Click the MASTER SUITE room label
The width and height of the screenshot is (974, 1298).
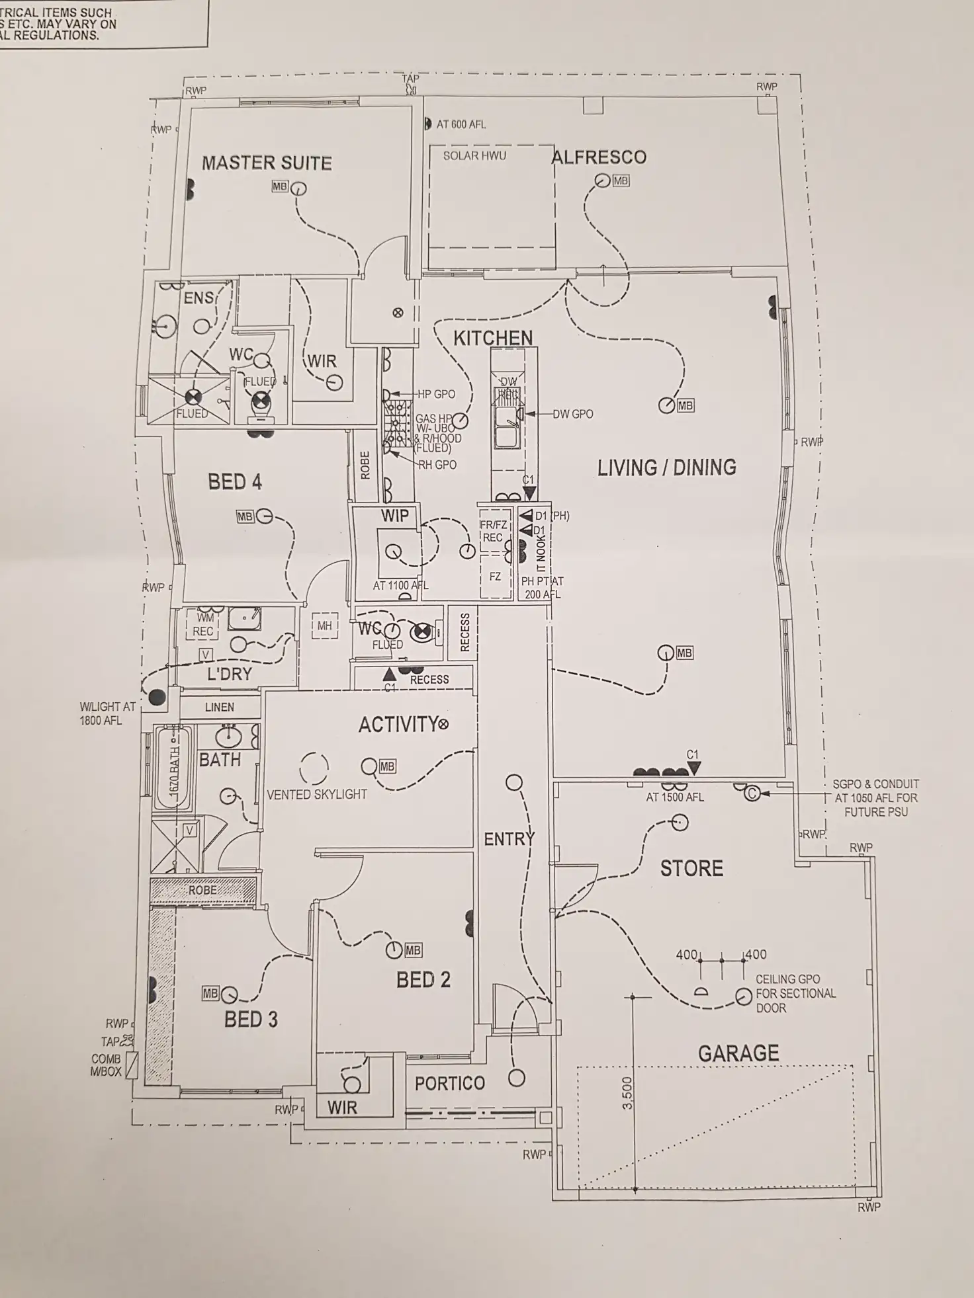pyautogui.click(x=267, y=163)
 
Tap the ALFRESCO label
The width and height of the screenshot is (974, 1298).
pyautogui.click(x=599, y=157)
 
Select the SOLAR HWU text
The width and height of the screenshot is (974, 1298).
pyautogui.click(x=474, y=156)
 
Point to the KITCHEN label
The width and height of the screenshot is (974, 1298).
pyautogui.click(x=493, y=339)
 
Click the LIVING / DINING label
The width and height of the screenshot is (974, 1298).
pyautogui.click(x=666, y=468)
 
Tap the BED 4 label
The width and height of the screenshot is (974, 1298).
pyautogui.click(x=235, y=482)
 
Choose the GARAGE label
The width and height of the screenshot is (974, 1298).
pyautogui.click(x=738, y=1053)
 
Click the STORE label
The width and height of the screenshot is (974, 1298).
pyautogui.click(x=691, y=868)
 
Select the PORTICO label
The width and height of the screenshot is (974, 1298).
pyautogui.click(x=450, y=1083)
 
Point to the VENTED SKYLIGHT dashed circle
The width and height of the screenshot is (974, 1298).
pyautogui.click(x=314, y=768)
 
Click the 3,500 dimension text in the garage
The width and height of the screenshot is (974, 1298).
pyautogui.click(x=628, y=1092)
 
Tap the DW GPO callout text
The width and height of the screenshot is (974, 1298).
pyautogui.click(x=573, y=414)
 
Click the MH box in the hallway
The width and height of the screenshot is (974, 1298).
pyautogui.click(x=324, y=626)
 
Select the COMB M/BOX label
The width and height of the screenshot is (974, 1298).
pyautogui.click(x=106, y=1065)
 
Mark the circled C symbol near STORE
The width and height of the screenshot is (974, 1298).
pyautogui.click(x=752, y=792)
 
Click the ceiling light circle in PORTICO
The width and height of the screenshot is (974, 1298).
pyautogui.click(x=516, y=1078)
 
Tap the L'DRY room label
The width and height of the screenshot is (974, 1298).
pyautogui.click(x=229, y=674)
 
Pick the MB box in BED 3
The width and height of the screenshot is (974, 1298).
pyautogui.click(x=210, y=993)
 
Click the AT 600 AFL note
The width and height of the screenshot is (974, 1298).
pyautogui.click(x=461, y=124)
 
